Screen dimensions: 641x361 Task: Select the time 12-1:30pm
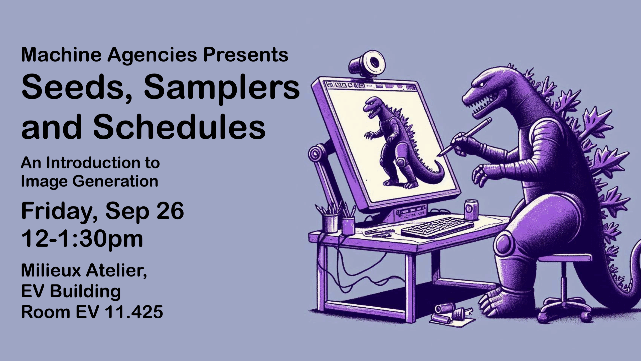(82, 239)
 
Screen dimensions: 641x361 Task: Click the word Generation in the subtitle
(115, 181)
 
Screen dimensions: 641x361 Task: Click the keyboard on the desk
(437, 227)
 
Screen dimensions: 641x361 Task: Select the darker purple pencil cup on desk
(348, 226)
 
